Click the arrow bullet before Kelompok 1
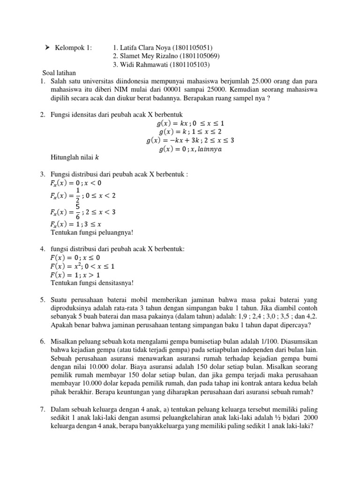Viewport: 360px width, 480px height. pos(48,48)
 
